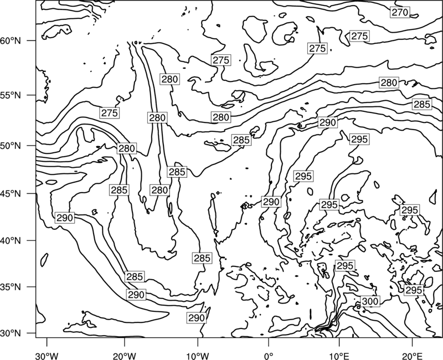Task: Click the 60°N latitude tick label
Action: pos(11,40)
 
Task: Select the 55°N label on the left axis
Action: pos(11,95)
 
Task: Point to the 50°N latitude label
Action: pos(11,146)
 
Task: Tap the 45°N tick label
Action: pos(11,193)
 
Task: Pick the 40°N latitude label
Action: pos(11,240)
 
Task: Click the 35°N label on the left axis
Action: pos(11,287)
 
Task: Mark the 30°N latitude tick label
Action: pos(11,333)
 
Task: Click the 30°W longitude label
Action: pos(47,356)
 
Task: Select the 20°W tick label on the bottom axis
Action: pos(125,356)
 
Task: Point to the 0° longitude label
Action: pos(269,356)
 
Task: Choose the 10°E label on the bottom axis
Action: pos(339,356)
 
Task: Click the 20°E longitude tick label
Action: pos(412,356)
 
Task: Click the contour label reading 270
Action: pos(400,12)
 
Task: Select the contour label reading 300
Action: pos(370,301)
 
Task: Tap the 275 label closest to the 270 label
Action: pos(359,36)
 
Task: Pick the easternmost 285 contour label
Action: pos(422,104)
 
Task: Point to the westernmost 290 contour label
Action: pos(65,218)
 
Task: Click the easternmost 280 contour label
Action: pos(389,83)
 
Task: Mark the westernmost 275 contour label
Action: pos(109,113)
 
